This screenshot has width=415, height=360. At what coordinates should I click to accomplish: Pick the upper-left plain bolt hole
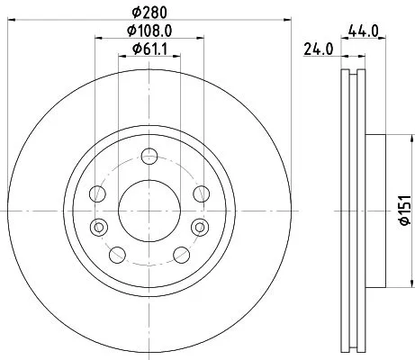97,193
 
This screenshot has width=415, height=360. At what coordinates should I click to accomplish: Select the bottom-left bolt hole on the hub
116,253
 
